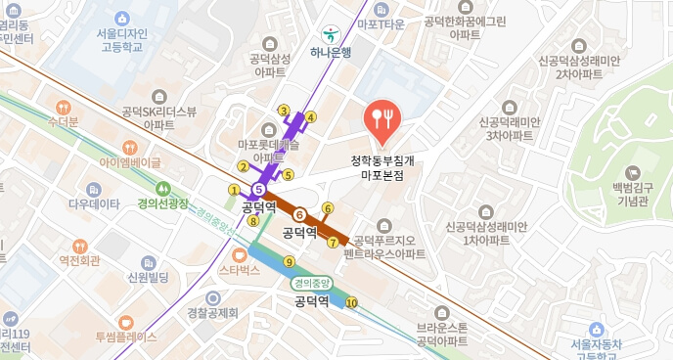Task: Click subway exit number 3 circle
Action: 284,110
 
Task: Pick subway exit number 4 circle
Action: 311,118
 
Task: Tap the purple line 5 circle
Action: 258,189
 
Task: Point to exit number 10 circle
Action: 351,302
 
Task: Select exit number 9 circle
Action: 289,262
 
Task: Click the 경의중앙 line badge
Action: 310,283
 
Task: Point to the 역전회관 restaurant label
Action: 80,260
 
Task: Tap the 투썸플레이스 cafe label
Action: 125,337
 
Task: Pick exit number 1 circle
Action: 234,189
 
